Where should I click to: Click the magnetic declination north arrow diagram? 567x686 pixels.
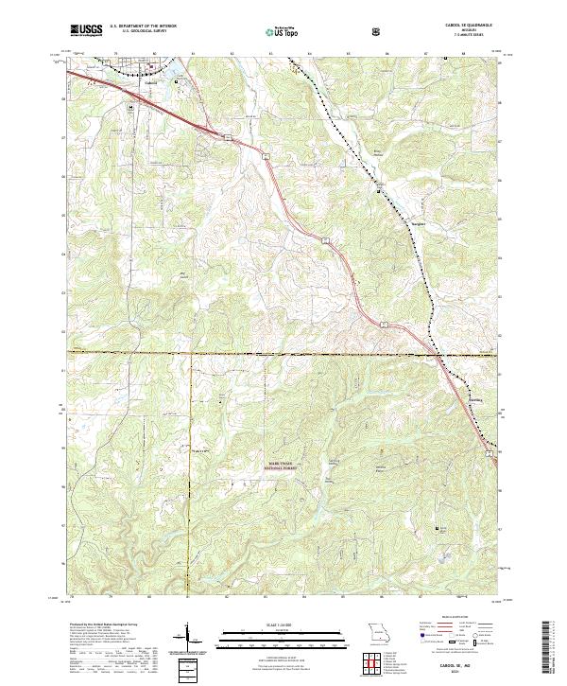[x=189, y=636]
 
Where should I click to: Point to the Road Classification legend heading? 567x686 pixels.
[x=457, y=617]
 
